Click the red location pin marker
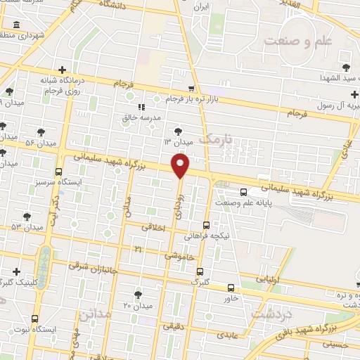pos(181,166)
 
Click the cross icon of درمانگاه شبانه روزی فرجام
pos(64,70)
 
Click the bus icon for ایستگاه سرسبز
pos(58,171)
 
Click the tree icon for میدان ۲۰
pos(137,295)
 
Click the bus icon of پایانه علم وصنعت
pos(243,191)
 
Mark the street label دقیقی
pos(174,326)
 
